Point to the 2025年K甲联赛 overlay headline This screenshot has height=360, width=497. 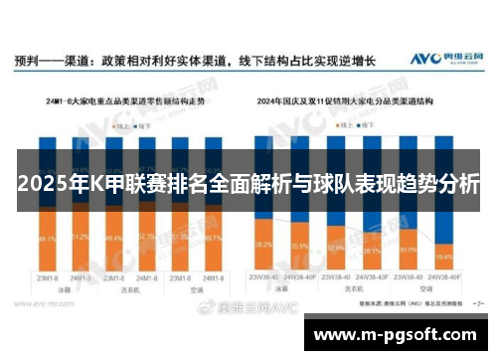[x=248, y=184]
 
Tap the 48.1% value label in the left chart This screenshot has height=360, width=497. [x=48, y=240]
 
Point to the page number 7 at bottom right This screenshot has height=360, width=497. [x=479, y=299]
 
